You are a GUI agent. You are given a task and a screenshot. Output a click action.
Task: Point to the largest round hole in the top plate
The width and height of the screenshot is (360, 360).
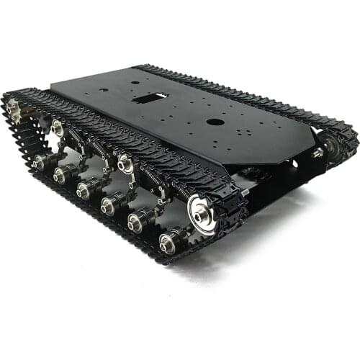[215, 122]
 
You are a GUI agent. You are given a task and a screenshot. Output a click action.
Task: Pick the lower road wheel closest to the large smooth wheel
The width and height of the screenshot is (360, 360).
[168, 243]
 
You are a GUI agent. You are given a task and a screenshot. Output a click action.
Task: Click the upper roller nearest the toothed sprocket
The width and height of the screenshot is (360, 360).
[57, 128]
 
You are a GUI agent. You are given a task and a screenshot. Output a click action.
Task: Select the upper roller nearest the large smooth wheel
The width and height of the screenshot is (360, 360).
[125, 162]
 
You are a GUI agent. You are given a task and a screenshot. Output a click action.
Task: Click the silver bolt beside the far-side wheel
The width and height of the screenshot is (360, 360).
[317, 153]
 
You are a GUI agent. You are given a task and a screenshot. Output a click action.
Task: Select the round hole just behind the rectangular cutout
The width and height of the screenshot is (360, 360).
[135, 82]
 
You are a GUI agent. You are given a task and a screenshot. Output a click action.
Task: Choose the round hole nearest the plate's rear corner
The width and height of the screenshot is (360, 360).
[104, 90]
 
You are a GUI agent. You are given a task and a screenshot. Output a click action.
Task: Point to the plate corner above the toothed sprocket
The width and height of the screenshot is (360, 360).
[52, 91]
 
